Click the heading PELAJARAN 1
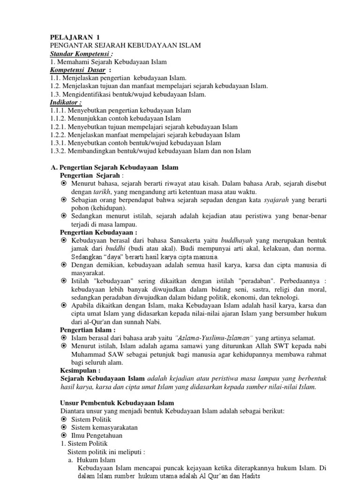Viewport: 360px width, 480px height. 75,37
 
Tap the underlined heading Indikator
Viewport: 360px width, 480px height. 66,102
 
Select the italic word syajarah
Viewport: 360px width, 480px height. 276,200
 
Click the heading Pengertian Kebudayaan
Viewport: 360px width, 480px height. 99,232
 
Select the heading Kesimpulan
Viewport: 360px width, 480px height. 80,370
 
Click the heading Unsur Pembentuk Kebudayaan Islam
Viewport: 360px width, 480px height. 117,403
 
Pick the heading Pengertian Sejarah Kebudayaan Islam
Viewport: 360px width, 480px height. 114,167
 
